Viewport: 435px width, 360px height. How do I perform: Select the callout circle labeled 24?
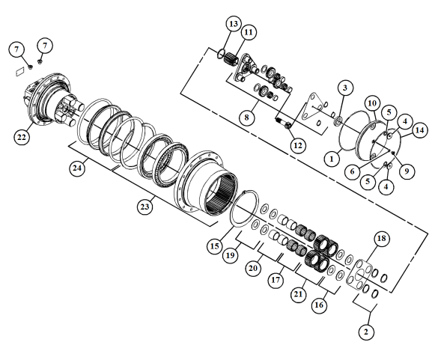tap(76, 168)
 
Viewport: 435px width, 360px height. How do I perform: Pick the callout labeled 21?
tap(299, 294)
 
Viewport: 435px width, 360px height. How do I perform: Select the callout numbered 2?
tap(365, 332)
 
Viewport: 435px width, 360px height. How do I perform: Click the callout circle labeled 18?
tap(382, 239)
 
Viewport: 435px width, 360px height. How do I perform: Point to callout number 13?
tap(233, 25)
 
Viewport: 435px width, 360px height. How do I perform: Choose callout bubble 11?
tap(248, 32)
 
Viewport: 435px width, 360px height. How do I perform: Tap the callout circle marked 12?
tap(298, 144)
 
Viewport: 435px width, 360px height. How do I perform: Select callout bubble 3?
tap(343, 88)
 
